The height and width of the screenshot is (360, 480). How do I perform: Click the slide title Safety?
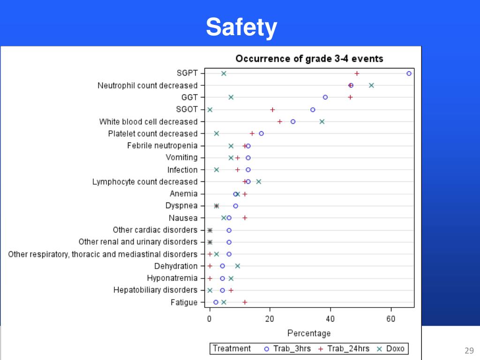[241, 28]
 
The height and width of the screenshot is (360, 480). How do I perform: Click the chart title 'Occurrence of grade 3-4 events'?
[309, 59]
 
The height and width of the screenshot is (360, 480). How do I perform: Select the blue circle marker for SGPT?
[409, 74]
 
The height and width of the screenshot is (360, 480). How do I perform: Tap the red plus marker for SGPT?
[357, 74]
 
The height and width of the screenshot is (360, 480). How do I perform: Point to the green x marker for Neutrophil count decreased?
[371, 85]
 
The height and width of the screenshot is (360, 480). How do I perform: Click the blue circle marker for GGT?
[325, 97]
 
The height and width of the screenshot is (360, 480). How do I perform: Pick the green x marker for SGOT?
[210, 110]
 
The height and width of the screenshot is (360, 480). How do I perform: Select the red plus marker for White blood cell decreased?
[280, 121]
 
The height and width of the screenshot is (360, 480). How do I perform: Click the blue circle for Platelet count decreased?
[261, 134]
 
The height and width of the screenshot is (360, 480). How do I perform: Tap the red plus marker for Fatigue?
[245, 302]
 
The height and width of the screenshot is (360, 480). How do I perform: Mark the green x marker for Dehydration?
[238, 266]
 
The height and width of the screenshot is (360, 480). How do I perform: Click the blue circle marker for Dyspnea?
[236, 206]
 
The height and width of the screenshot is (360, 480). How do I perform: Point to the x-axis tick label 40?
[330, 319]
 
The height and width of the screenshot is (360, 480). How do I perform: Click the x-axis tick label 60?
[391, 319]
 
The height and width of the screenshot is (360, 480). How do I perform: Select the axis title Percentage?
[309, 333]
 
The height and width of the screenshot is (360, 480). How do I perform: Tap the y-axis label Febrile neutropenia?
[162, 145]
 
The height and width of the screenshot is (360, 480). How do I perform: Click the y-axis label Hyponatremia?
[172, 278]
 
